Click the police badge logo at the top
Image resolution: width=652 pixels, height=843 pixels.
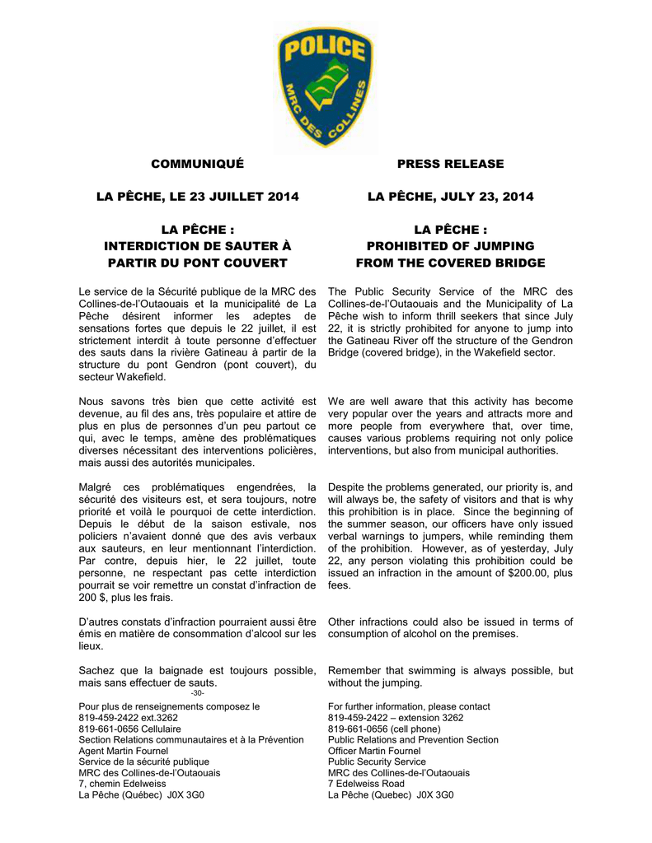[325, 88]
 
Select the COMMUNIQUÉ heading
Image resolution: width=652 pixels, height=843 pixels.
[197, 164]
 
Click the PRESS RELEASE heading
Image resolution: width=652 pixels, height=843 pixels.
[450, 164]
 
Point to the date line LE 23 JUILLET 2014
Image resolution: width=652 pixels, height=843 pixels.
[198, 197]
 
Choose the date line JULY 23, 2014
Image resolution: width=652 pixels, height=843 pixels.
[450, 197]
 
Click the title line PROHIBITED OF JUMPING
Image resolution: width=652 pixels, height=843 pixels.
[450, 246]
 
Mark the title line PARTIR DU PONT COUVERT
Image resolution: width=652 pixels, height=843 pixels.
[198, 263]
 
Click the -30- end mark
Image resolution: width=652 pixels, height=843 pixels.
[198, 694]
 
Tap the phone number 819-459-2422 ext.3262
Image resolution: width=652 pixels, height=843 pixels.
[128, 718]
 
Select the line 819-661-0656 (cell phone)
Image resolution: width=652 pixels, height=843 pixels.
[384, 729]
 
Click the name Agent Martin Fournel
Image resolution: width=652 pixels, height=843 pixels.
[123, 752]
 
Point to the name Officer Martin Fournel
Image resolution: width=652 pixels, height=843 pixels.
[374, 752]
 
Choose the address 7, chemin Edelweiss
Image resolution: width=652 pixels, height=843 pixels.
[122, 785]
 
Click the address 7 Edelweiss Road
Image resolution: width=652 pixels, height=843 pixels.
[368, 785]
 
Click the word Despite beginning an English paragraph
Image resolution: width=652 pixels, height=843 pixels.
[348, 487]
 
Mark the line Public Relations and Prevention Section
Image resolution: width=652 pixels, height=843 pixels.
[413, 740]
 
